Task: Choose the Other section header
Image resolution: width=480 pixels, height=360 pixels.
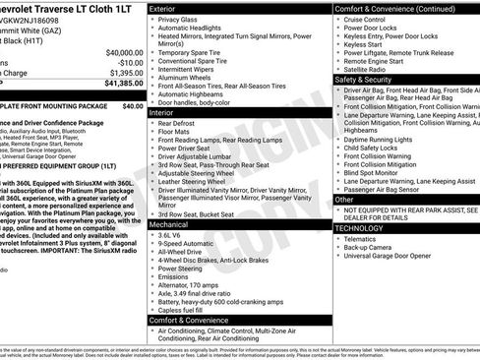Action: [344, 199]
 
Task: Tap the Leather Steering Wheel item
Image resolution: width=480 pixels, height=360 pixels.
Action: [200, 181]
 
